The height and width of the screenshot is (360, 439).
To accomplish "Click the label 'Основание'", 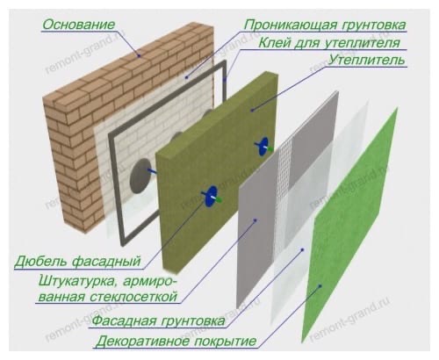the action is [78, 25].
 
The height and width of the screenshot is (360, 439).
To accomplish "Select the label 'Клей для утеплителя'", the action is [329, 43].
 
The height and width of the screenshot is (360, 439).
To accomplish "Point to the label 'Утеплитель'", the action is [366, 61].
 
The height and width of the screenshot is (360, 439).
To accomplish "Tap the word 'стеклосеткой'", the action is [133, 297].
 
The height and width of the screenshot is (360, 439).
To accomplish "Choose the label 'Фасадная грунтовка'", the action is [159, 320].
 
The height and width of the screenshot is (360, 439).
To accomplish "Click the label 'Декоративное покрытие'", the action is [176, 342].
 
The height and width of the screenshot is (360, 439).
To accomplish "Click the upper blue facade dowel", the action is [263, 146].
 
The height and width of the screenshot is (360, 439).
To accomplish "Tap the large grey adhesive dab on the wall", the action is [140, 176].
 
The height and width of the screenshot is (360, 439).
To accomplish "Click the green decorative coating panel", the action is [349, 226].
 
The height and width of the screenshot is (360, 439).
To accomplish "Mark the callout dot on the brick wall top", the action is [140, 55].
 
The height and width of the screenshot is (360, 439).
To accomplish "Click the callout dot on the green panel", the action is [320, 286].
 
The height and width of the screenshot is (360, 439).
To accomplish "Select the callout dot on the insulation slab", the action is [252, 110].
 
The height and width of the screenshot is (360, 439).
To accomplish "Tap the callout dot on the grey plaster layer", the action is [255, 220].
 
